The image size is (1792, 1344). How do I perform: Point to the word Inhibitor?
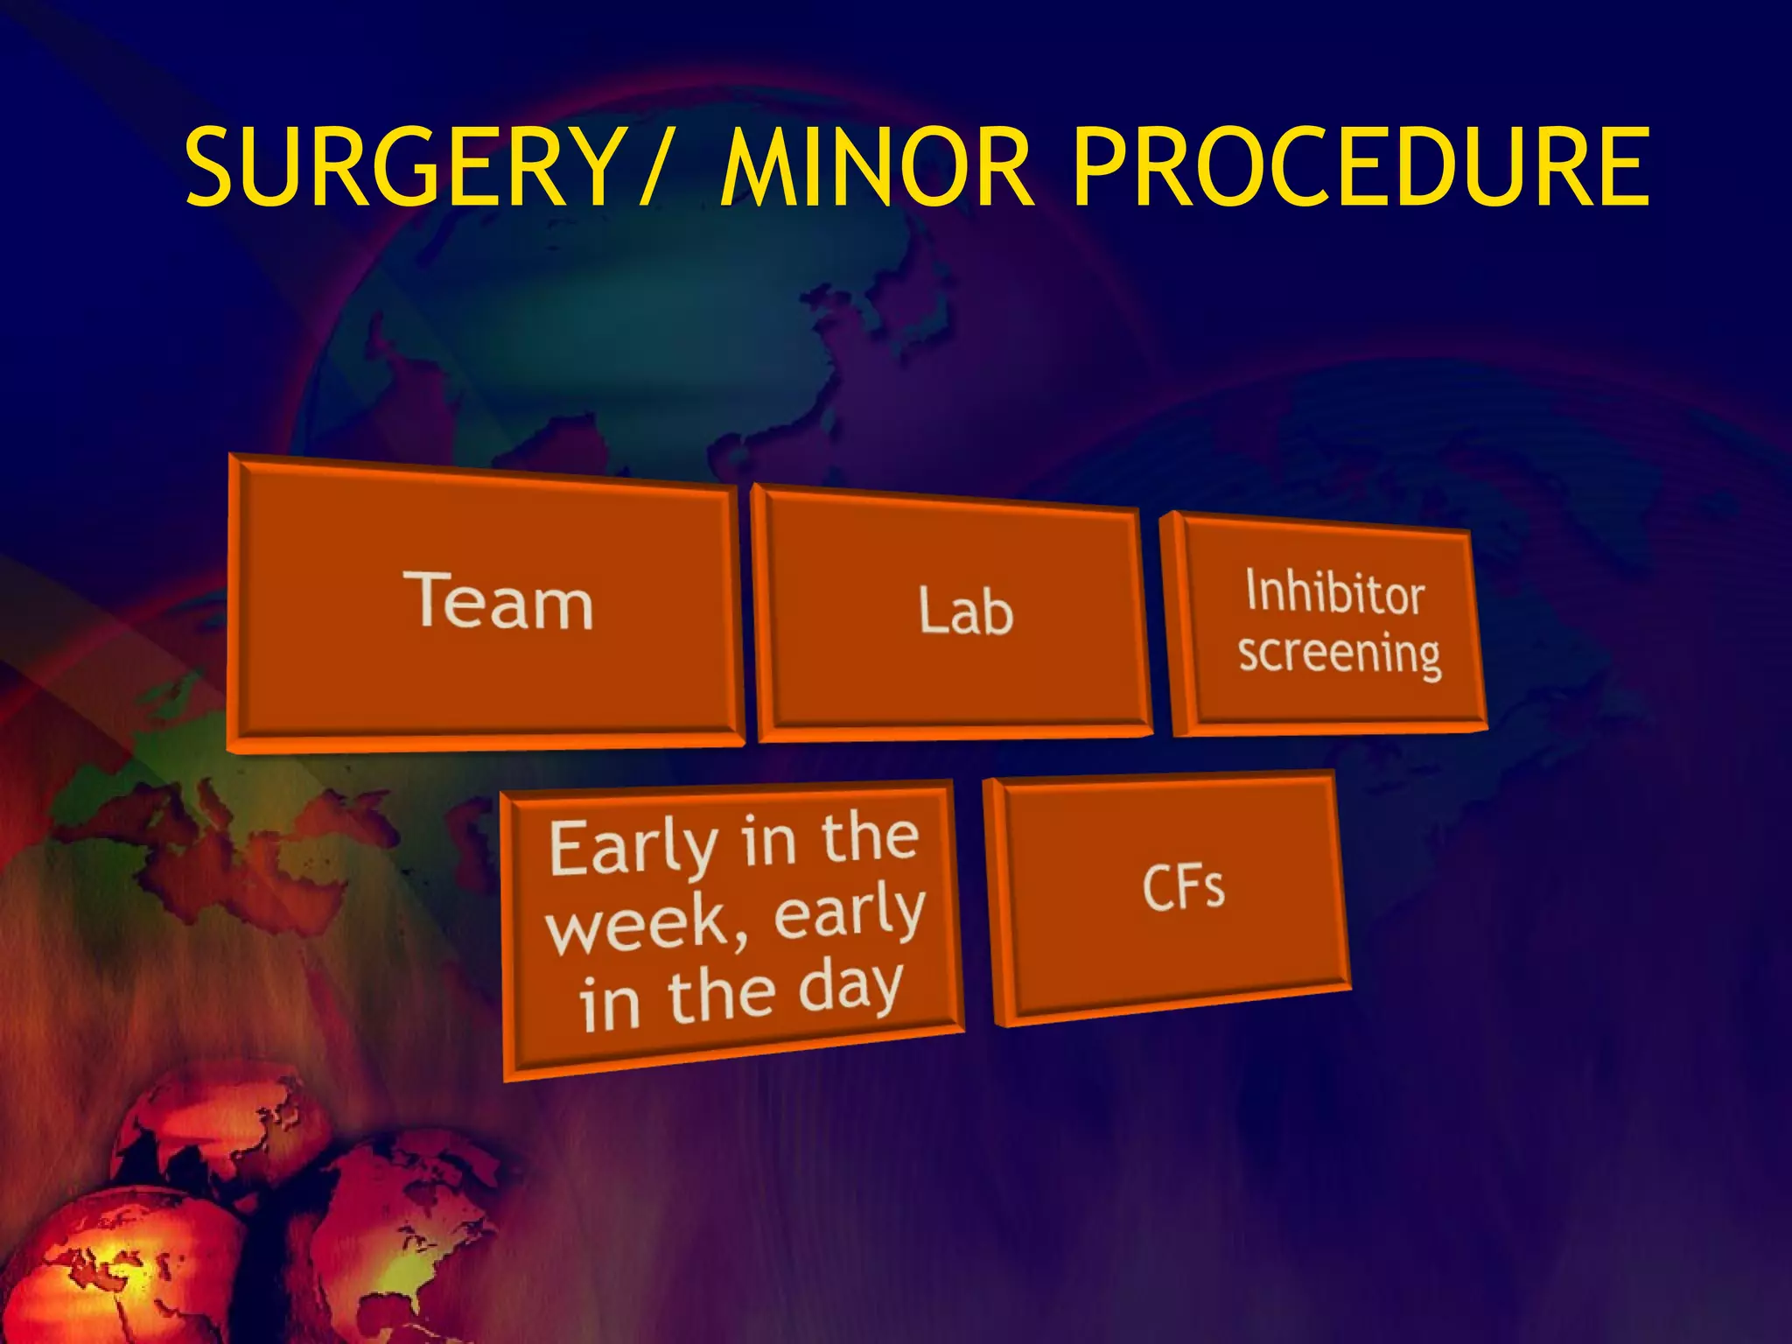tap(1335, 592)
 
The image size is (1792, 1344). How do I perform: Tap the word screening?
tap(1339, 654)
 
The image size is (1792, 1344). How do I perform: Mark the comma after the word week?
tap(741, 941)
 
